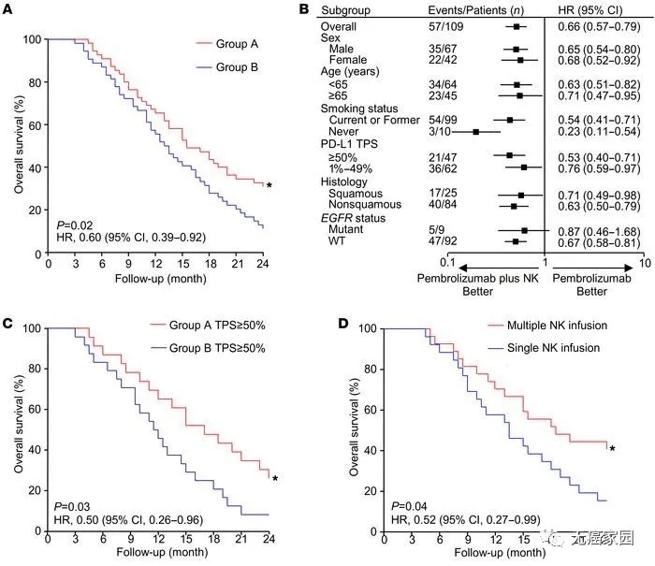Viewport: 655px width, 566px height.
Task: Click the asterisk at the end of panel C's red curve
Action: pyautogui.click(x=275, y=480)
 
